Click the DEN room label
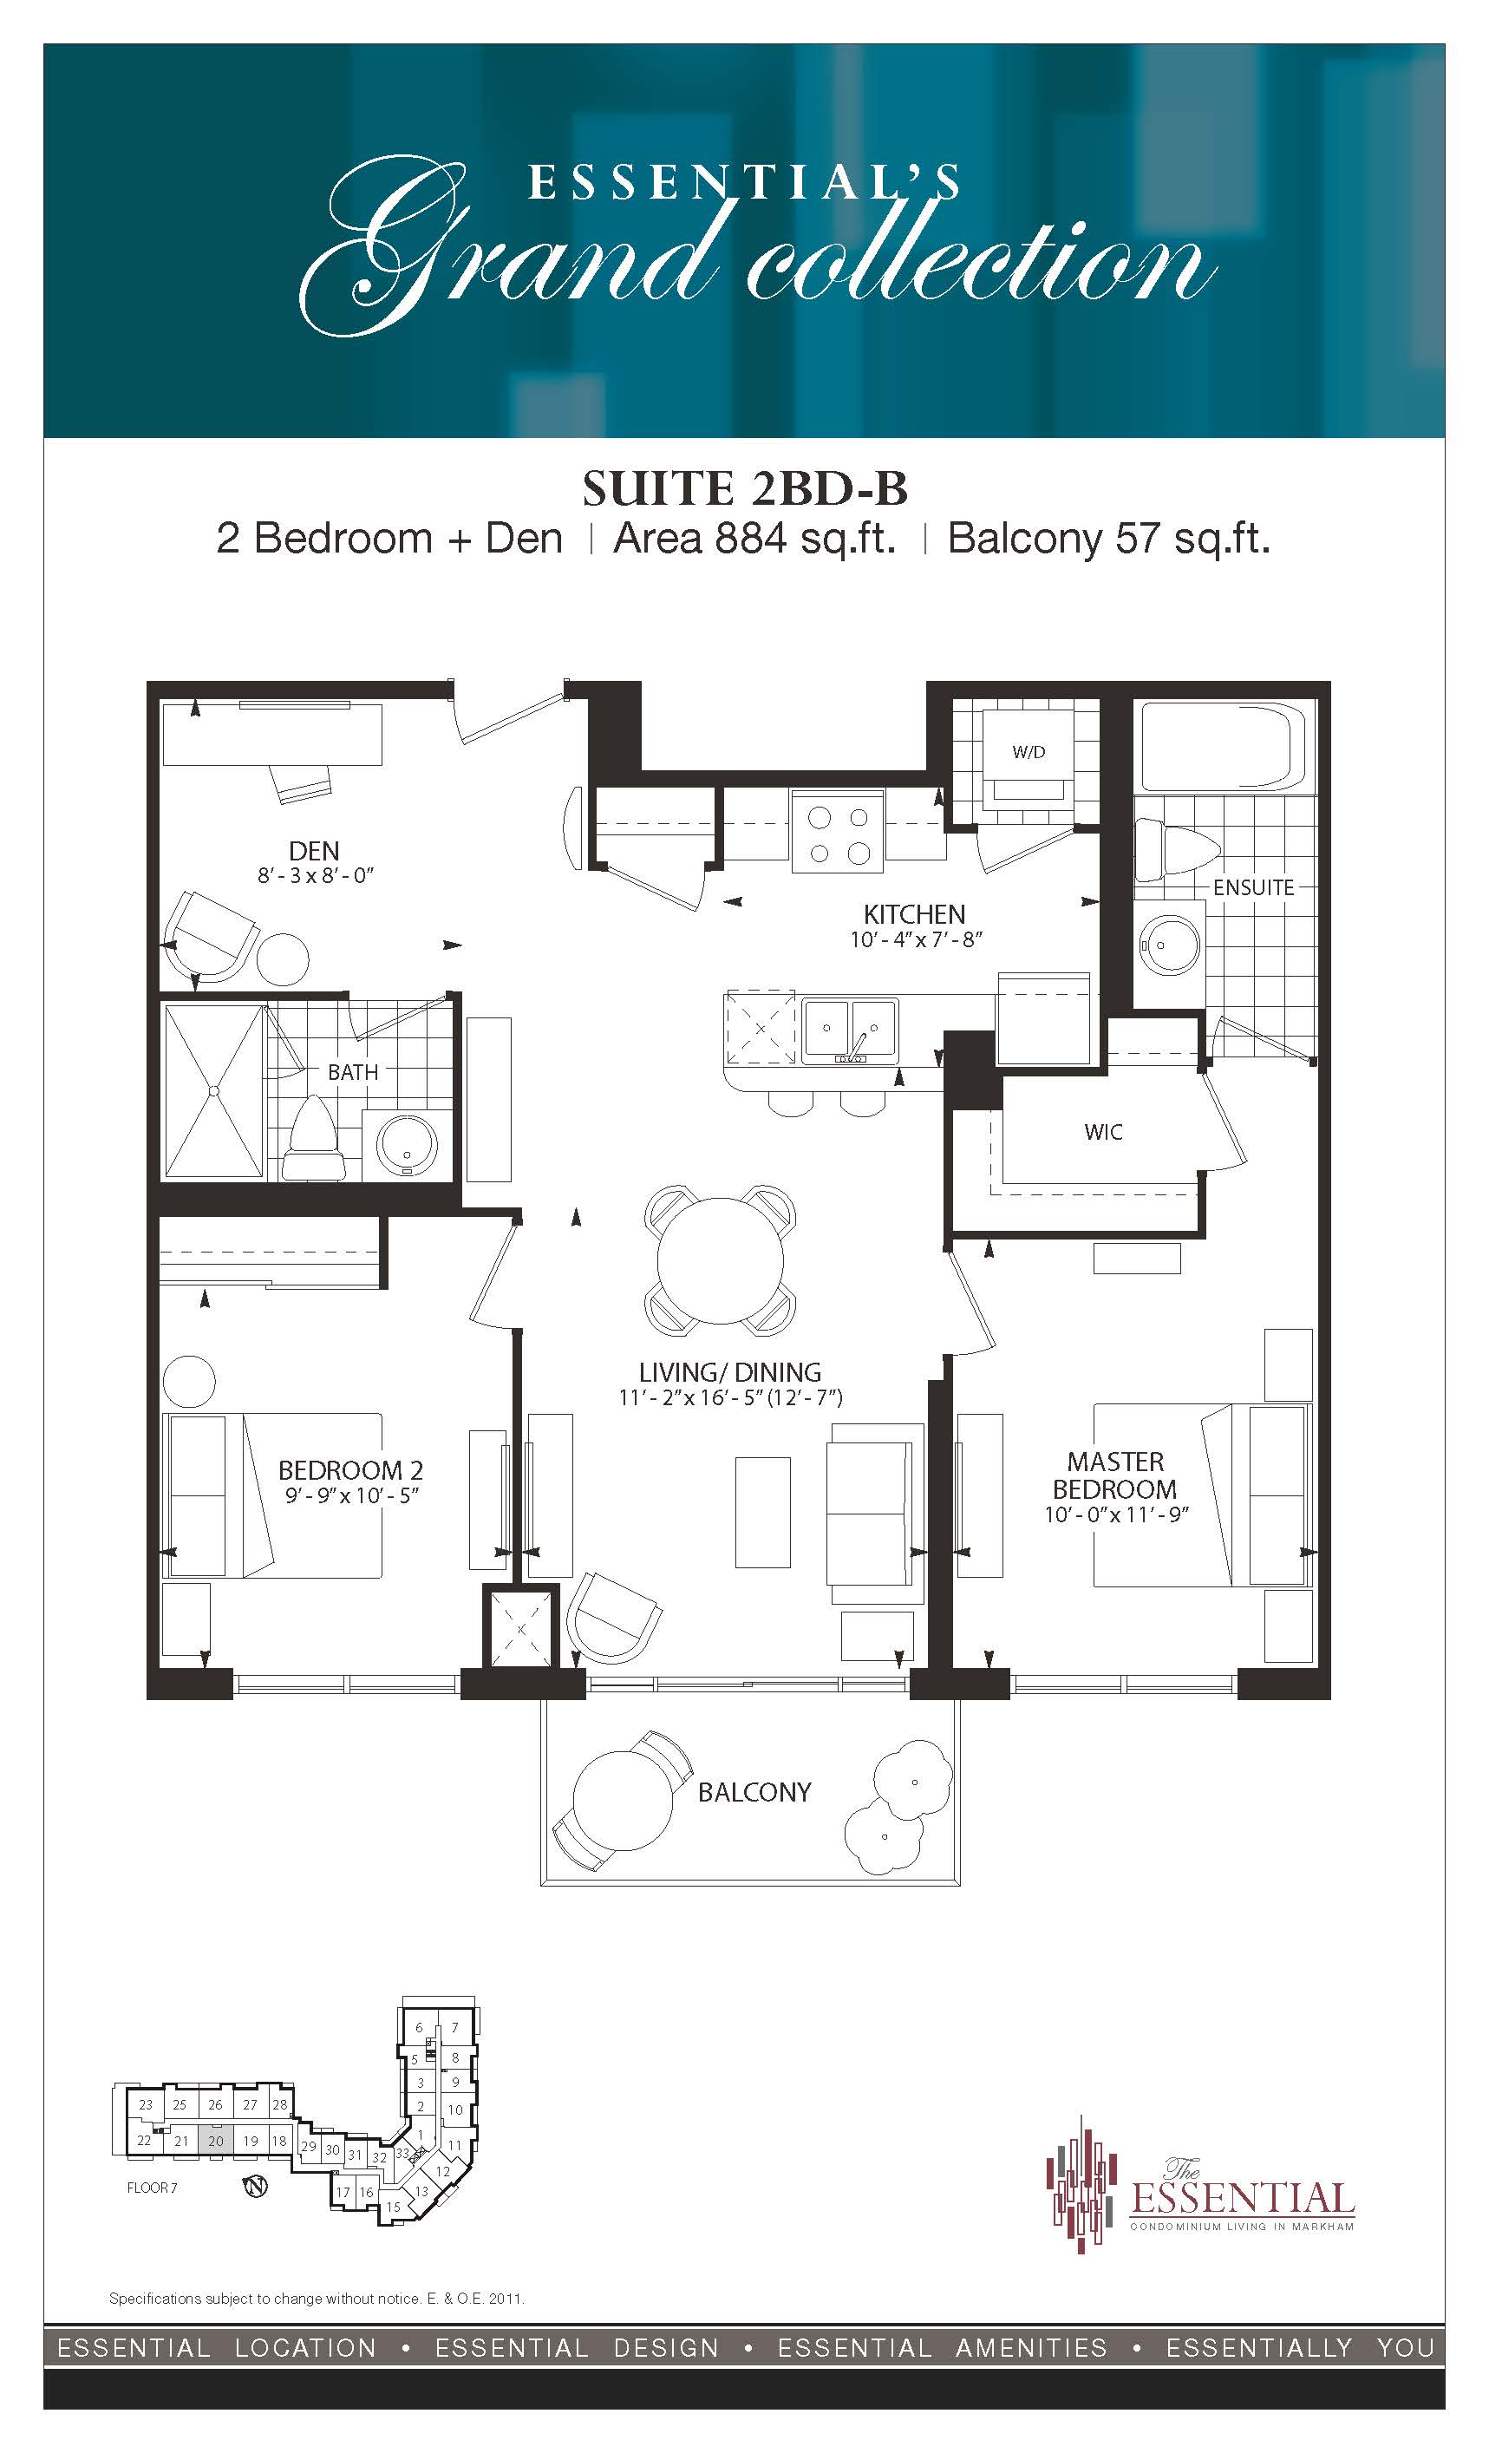[314, 850]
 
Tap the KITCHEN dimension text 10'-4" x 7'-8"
[916, 939]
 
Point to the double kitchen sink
[850, 1030]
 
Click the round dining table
[720, 1259]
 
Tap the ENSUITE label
[1253, 887]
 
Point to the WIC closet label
[1103, 1132]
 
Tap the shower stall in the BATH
[213, 1092]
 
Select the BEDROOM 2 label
[350, 1470]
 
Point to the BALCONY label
[754, 1792]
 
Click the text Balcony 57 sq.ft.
[1109, 539]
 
